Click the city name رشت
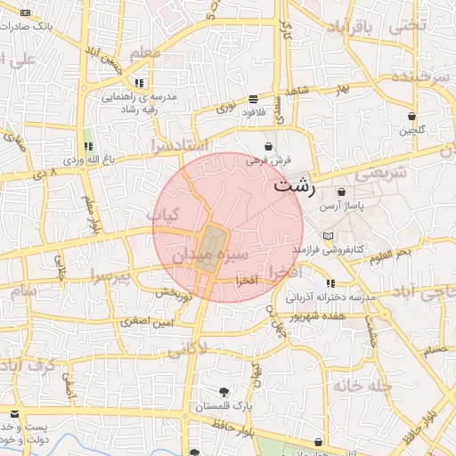click(x=294, y=186)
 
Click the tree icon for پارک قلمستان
click(x=224, y=393)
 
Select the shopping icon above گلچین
click(x=412, y=117)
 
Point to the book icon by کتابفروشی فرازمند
click(x=329, y=236)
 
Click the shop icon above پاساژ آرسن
click(x=342, y=192)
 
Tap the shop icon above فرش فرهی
click(x=268, y=146)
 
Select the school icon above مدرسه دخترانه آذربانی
click(x=330, y=283)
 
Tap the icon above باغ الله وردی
click(x=87, y=146)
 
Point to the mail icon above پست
click(x=13, y=413)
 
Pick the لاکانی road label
click(x=211, y=349)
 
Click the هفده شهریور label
click(x=329, y=316)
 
